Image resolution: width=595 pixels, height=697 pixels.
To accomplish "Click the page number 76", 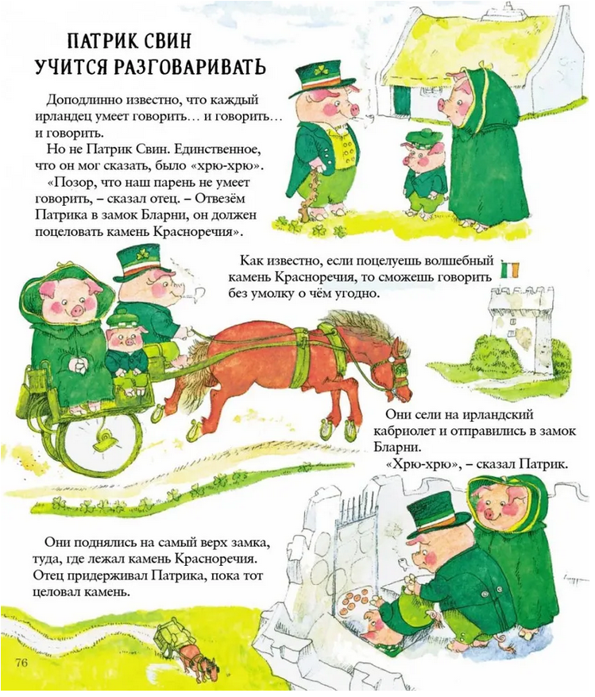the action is [x=21, y=674].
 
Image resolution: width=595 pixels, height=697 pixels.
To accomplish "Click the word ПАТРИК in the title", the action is [x=99, y=41].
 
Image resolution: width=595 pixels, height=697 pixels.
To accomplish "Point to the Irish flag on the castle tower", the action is [x=511, y=269].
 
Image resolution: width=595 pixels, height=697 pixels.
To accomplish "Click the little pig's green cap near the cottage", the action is [x=418, y=136].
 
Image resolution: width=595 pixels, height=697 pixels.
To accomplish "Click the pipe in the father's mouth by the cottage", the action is [x=365, y=118].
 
